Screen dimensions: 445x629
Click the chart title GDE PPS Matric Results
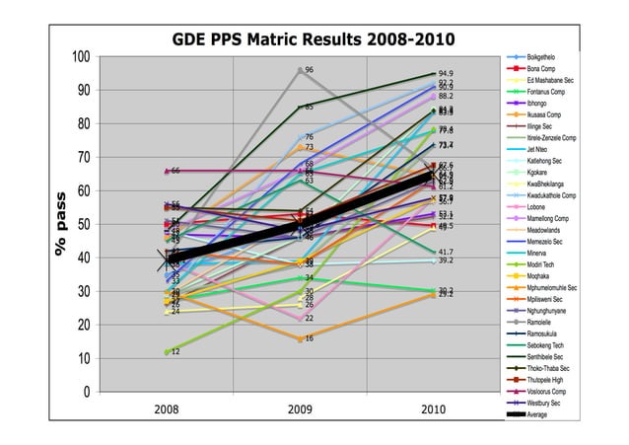point(313,40)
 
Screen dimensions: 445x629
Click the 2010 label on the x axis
point(433,409)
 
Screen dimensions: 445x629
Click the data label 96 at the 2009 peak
point(310,70)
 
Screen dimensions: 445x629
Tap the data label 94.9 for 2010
point(446,74)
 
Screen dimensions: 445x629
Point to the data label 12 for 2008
point(175,351)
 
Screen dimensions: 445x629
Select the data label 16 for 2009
point(310,338)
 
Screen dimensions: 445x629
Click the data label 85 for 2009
point(310,107)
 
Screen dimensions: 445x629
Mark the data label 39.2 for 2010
point(446,260)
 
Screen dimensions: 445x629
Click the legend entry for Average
point(536,414)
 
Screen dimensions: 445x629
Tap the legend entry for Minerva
point(542,253)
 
